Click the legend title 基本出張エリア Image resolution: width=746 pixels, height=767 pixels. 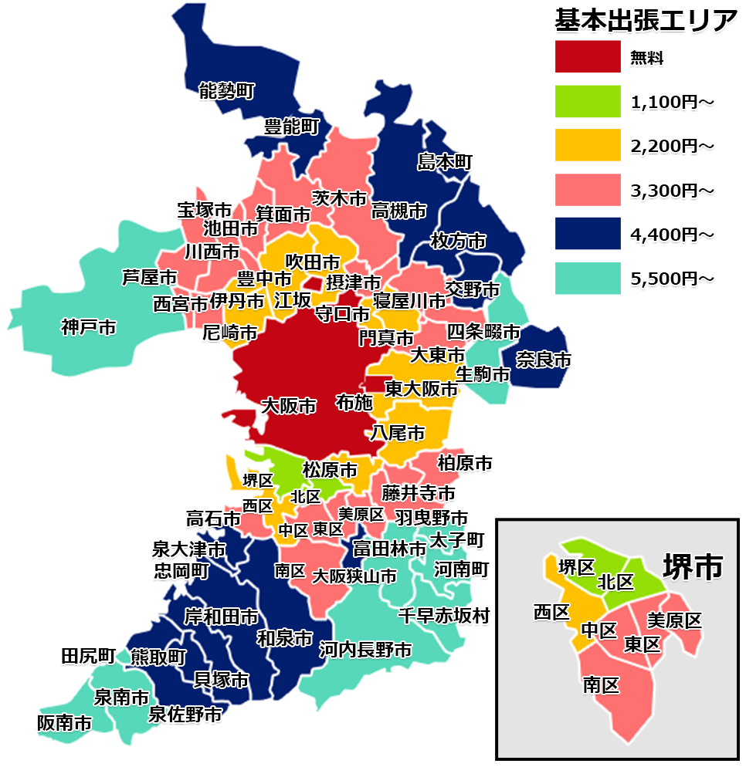point(646,21)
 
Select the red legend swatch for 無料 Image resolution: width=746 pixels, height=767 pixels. point(588,56)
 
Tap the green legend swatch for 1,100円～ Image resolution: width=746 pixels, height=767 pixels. point(588,100)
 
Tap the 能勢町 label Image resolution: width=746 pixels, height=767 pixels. point(226,91)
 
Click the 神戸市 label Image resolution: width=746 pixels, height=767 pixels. point(89,328)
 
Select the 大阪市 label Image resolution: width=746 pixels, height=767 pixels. point(289,405)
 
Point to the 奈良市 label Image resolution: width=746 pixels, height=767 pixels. point(544,359)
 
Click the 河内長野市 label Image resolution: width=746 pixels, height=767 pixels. point(365,650)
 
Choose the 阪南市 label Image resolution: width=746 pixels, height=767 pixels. point(64,723)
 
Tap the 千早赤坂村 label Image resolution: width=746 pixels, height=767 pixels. point(443,616)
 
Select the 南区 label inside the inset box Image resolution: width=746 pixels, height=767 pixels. point(601,684)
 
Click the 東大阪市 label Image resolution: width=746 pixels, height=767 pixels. point(422,388)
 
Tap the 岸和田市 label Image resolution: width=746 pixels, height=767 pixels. point(221,617)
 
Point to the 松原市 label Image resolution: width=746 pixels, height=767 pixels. point(330,469)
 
